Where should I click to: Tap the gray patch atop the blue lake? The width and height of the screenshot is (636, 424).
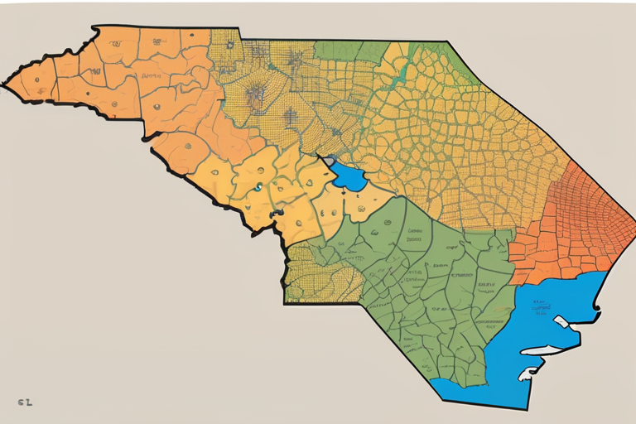tap(330, 160)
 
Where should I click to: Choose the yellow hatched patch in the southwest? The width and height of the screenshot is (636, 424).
tap(319, 273)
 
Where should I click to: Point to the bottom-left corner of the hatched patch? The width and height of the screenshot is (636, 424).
tap(285, 302)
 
